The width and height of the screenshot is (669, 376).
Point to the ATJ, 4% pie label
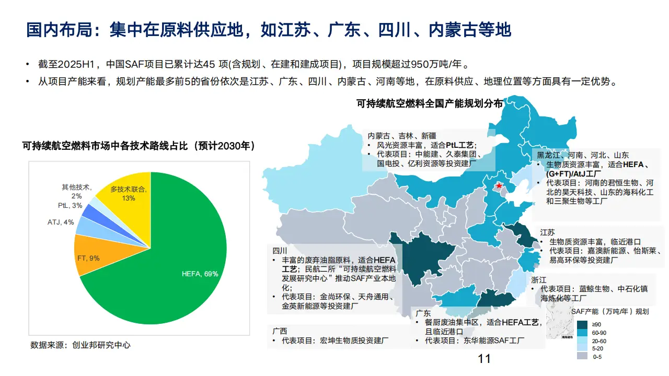[61, 222]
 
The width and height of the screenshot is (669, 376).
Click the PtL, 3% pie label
[70, 206]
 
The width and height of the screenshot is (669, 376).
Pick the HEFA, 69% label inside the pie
[200, 274]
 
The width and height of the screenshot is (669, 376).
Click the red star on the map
[499, 186]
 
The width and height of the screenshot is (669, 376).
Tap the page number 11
[484, 359]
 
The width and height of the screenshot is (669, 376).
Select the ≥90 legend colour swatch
[583, 324]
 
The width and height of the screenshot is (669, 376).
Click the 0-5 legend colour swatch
[583, 356]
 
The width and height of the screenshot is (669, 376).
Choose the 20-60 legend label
[599, 340]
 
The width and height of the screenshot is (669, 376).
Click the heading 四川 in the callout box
[280, 251]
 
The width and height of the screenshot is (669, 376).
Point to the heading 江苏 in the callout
[547, 232]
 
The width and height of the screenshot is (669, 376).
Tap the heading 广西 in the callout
[280, 331]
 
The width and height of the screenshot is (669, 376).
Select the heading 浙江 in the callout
[539, 279]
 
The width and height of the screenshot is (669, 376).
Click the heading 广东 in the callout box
[423, 313]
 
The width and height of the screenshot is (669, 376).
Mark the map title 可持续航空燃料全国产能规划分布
[430, 104]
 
